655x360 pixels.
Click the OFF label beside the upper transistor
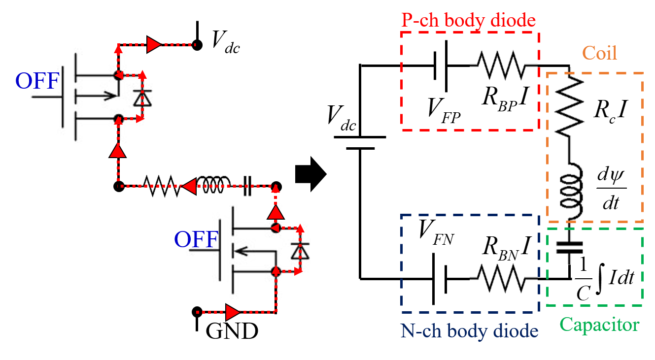[37, 81]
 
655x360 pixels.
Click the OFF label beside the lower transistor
[196, 240]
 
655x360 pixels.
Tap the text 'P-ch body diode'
[468, 20]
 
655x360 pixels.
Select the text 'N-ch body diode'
[469, 331]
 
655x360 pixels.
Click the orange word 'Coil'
[599, 53]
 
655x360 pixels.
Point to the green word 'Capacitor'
[599, 325]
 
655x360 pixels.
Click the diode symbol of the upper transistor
[143, 98]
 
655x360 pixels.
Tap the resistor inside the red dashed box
[503, 65]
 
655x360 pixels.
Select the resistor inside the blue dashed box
[503, 278]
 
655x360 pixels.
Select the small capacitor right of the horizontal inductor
[247, 186]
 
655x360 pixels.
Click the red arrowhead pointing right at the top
[153, 45]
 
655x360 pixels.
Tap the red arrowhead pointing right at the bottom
[233, 312]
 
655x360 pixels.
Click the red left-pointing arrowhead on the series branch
[188, 186]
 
